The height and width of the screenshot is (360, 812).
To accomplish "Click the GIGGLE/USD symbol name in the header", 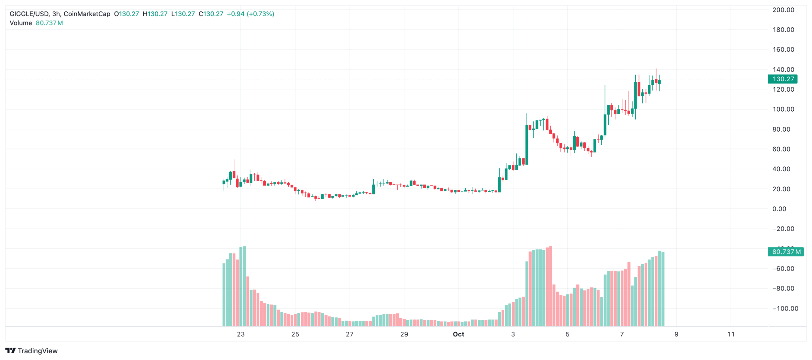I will [x=29, y=14].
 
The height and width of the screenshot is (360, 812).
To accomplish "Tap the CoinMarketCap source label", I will [x=87, y=14].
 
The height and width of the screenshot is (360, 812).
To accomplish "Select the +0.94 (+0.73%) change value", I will [x=250, y=14].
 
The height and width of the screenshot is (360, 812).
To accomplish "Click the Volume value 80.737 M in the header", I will [x=49, y=23].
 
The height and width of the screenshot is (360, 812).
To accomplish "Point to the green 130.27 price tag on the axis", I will [x=782, y=79].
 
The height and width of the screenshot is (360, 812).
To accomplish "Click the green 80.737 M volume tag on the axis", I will [x=785, y=252].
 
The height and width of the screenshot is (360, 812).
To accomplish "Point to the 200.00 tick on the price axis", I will [x=783, y=10].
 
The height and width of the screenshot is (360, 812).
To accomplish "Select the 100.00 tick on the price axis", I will [x=783, y=109].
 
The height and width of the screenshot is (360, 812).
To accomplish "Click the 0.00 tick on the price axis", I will [x=779, y=209].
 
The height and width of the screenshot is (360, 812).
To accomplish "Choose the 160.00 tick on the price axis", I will [x=783, y=49].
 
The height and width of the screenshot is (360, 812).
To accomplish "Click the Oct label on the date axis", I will [x=458, y=334].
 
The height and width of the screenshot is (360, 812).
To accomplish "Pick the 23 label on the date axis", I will [x=241, y=334].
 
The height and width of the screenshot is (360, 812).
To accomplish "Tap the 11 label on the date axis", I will [x=731, y=334].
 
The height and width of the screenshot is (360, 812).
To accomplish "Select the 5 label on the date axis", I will [x=567, y=334].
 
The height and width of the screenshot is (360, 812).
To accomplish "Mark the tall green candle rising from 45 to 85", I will [x=527, y=145].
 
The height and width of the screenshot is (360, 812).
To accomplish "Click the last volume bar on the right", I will [x=663, y=289].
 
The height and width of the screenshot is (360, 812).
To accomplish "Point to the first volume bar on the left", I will [x=224, y=295].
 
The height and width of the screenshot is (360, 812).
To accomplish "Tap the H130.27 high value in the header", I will [x=155, y=14].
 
